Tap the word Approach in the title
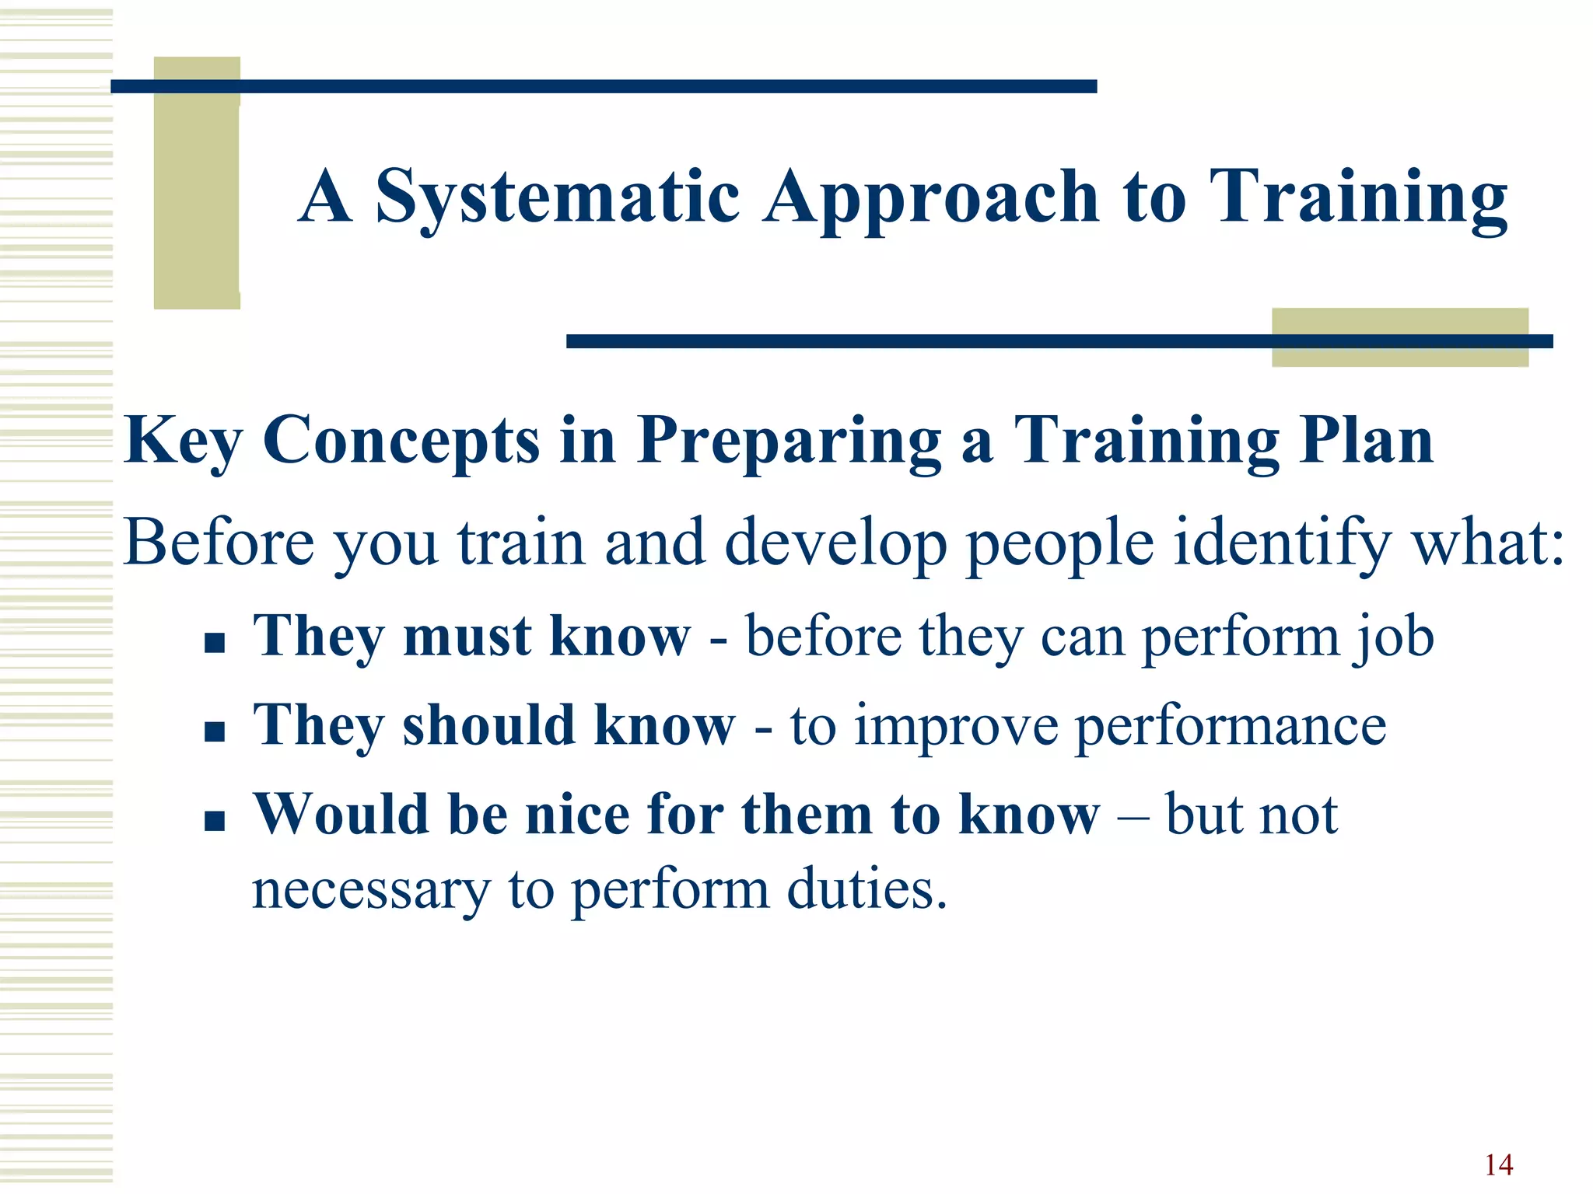[x=930, y=198]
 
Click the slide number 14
[x=1498, y=1165]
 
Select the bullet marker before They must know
[x=215, y=643]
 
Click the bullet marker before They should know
[x=215, y=731]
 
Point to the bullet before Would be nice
[x=215, y=821]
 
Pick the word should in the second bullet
[x=488, y=726]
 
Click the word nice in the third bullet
[x=577, y=815]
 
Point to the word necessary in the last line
[x=371, y=891]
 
